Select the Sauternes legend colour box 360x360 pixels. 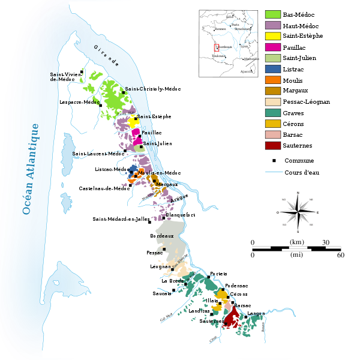click(274, 145)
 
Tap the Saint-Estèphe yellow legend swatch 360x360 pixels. click(274, 37)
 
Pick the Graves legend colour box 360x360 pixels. click(274, 113)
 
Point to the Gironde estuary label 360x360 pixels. click(106, 55)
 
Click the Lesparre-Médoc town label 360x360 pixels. click(79, 103)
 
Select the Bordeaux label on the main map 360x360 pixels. click(162, 236)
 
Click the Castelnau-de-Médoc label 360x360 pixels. click(104, 188)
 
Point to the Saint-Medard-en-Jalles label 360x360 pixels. click(120, 219)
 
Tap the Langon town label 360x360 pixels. click(256, 314)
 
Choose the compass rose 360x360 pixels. click(298, 212)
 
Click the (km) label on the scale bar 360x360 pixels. click(296, 242)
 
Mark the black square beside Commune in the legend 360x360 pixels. click(274, 161)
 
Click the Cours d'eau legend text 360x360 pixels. click(304, 173)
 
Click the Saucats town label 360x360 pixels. click(162, 293)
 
